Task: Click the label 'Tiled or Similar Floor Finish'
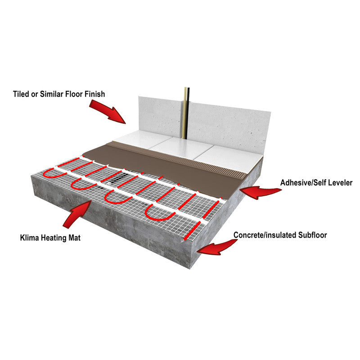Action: (x=59, y=94)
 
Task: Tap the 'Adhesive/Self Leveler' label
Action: (x=316, y=183)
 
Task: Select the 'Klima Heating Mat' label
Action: (x=50, y=238)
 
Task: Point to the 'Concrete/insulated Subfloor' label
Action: (x=280, y=235)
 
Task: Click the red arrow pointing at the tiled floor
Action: (x=108, y=112)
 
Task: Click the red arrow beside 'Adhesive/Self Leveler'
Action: (x=261, y=192)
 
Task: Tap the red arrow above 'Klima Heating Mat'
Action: (x=77, y=214)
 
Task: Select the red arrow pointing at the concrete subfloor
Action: (x=217, y=247)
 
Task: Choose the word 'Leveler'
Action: (x=340, y=183)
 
